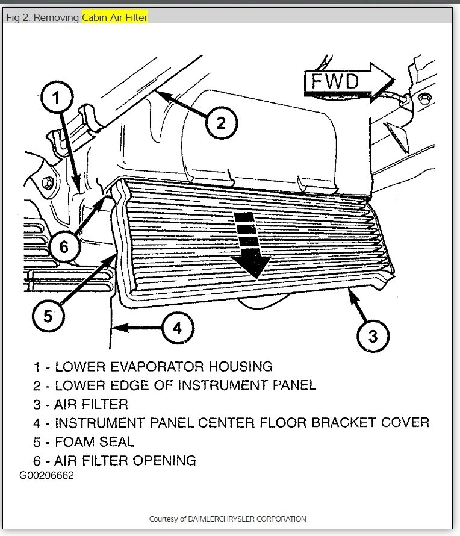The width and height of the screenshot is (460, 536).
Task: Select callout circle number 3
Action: point(373,335)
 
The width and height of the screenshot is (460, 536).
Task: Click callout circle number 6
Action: point(63,245)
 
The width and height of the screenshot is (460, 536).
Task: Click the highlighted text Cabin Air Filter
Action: point(115,17)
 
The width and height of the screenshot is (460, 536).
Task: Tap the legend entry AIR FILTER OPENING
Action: point(114,460)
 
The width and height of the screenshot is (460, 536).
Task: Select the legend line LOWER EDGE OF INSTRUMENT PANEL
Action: point(175,384)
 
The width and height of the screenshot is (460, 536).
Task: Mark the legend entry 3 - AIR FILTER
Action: point(81,403)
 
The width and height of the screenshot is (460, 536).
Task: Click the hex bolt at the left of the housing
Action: point(47,181)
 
